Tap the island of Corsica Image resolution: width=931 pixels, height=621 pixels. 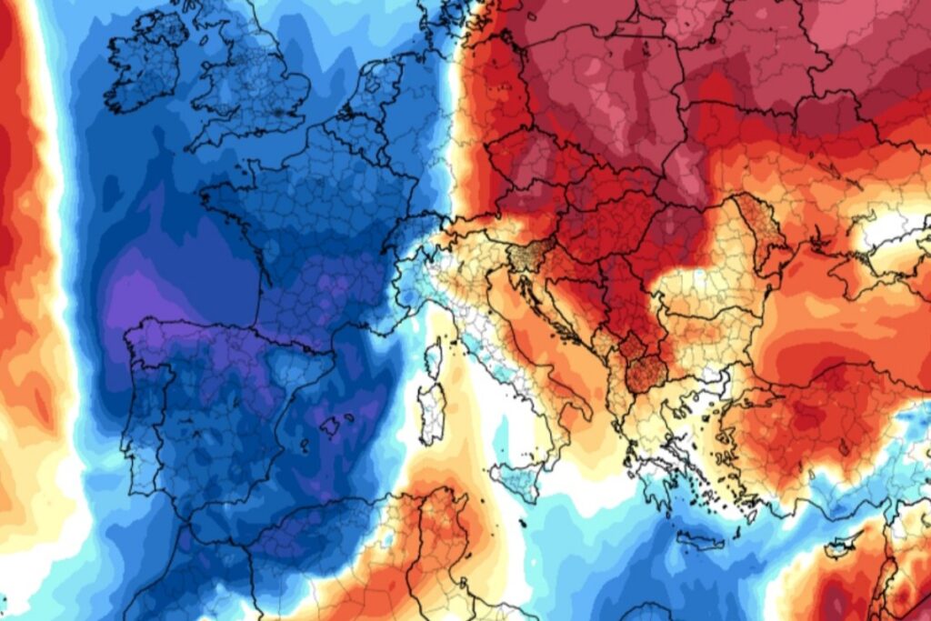[434, 358]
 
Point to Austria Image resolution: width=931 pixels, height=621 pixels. [509, 218]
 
